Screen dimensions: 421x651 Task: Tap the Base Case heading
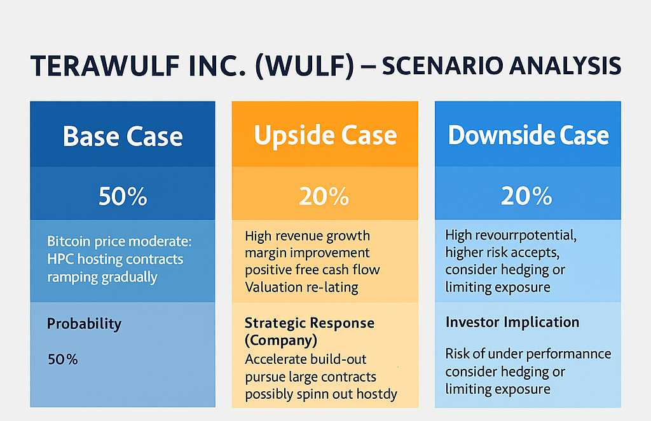(x=123, y=137)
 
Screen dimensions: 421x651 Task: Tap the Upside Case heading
(x=325, y=135)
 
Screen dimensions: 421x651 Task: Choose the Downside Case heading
(x=528, y=135)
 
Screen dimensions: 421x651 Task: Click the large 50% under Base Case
(x=123, y=197)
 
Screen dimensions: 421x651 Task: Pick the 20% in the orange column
(x=325, y=197)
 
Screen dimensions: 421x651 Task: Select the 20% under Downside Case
(x=526, y=197)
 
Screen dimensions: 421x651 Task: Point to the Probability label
(x=84, y=324)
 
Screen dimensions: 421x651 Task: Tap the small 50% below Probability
(x=62, y=359)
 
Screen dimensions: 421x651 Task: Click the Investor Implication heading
(x=512, y=322)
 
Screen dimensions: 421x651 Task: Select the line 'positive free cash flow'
(x=312, y=269)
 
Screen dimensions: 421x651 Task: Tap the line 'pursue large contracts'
(x=311, y=377)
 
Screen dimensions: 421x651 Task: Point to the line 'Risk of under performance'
(x=528, y=354)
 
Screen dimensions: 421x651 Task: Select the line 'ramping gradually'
(x=102, y=277)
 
